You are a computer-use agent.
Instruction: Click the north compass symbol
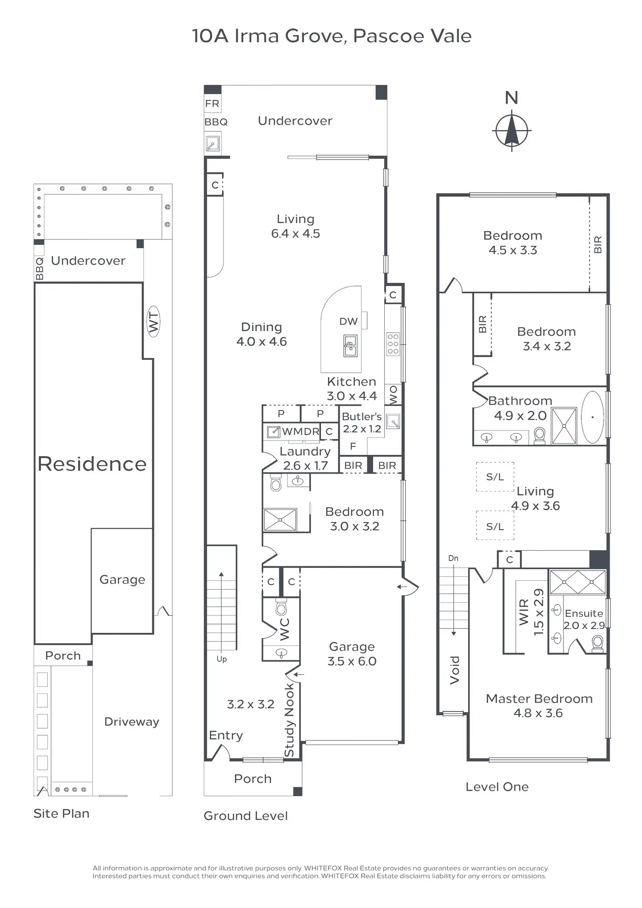click(512, 130)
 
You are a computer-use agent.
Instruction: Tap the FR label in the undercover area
click(212, 104)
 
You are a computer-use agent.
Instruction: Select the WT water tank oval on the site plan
click(153, 321)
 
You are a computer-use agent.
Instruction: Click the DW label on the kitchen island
click(348, 321)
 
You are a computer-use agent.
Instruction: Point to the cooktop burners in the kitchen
click(393, 344)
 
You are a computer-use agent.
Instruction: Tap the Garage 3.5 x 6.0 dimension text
click(352, 661)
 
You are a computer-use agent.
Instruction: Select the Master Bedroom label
click(539, 699)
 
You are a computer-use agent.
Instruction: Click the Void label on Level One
click(455, 670)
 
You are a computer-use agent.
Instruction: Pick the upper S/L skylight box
click(495, 477)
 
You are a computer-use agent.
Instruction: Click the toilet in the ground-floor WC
click(281, 607)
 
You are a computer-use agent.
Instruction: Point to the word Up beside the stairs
click(222, 659)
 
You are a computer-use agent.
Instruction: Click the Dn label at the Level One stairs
click(453, 558)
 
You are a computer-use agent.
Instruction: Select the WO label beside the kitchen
click(393, 394)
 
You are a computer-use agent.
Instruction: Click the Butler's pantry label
click(362, 416)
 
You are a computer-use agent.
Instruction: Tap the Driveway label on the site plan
click(131, 722)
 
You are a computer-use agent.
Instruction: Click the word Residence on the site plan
click(92, 464)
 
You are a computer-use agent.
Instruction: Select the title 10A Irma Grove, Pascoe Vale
click(331, 36)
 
